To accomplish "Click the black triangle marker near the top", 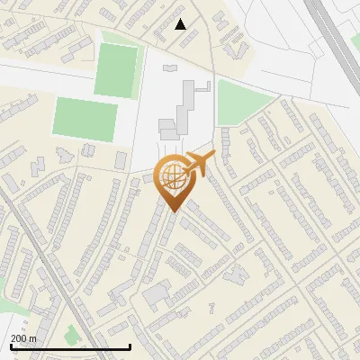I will (181, 24).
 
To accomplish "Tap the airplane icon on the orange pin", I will (198, 164).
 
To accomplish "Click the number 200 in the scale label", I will (19, 338).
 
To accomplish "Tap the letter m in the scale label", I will (34, 338).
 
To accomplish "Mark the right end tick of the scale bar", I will (130, 346).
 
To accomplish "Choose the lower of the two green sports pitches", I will (85, 117).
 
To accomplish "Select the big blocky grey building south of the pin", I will (157, 292).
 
